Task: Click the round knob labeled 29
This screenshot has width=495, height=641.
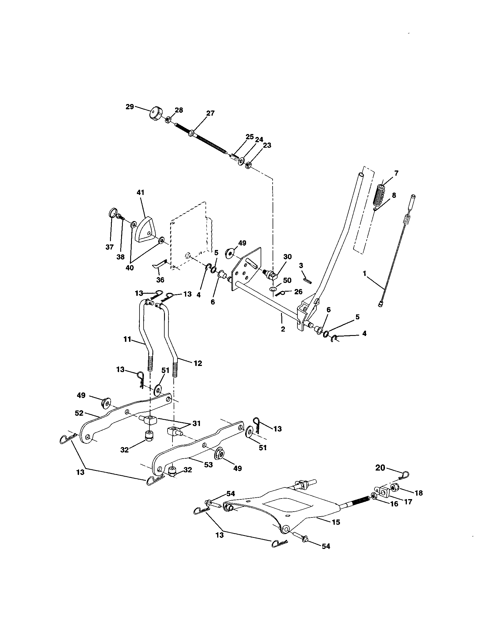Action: [x=156, y=114]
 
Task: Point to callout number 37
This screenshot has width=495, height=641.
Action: [x=110, y=247]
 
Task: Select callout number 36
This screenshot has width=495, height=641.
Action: [x=160, y=280]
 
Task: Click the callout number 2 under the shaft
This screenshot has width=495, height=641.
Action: [x=283, y=329]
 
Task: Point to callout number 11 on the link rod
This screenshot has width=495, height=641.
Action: [x=127, y=339]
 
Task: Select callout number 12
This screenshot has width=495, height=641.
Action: [x=198, y=363]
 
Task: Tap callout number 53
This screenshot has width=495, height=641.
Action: [x=208, y=465]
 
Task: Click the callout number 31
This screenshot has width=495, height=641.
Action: [x=196, y=424]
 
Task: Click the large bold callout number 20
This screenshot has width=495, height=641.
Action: [x=380, y=468]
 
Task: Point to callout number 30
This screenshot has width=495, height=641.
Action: [x=287, y=257]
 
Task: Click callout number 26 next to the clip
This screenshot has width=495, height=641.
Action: [x=298, y=292]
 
